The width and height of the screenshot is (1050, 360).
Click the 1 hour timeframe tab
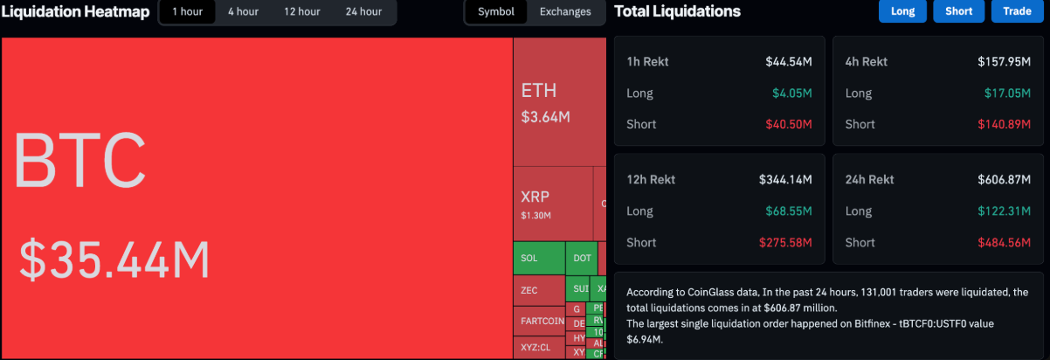pos(188,12)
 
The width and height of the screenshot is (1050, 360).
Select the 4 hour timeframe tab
pos(243,12)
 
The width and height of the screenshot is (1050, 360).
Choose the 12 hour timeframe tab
pos(301,12)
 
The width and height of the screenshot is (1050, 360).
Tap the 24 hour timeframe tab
pos(363,12)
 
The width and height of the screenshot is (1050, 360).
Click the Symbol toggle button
pos(496,12)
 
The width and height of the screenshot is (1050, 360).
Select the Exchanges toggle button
pos(565,12)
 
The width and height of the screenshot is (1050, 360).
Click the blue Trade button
pos(1017,11)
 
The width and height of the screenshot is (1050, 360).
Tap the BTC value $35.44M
pos(114,260)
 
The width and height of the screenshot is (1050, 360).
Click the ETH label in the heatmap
pos(538,91)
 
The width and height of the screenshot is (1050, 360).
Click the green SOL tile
pos(538,258)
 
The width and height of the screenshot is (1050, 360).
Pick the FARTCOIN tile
pos(542,321)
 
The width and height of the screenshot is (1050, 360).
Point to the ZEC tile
pos(529,290)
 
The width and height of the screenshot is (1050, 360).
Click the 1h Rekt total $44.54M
pos(789,61)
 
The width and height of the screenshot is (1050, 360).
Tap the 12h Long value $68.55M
pos(792,211)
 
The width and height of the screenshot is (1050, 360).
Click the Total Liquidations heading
pos(677,11)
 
